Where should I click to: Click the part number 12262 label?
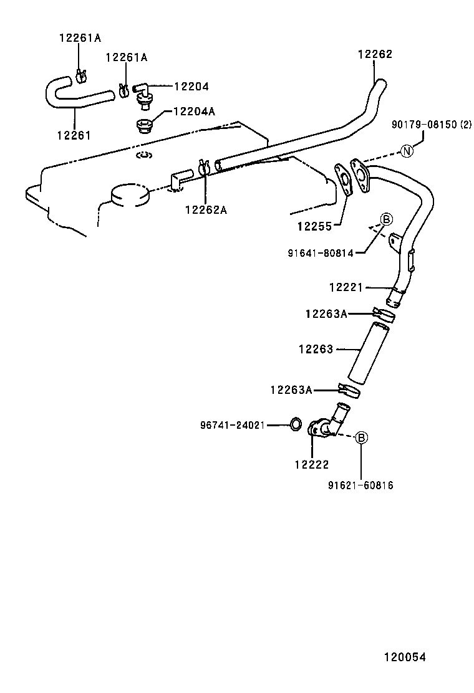pyautogui.click(x=375, y=54)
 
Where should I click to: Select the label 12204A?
pyautogui.click(x=194, y=112)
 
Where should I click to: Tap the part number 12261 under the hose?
pyautogui.click(x=74, y=135)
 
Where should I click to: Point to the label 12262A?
pyautogui.click(x=205, y=209)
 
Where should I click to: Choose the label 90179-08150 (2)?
pyautogui.click(x=432, y=125)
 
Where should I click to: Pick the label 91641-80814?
pyautogui.click(x=321, y=253)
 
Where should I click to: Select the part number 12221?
pyautogui.click(x=346, y=287)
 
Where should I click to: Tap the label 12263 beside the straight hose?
pyautogui.click(x=316, y=350)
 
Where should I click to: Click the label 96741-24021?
pyautogui.click(x=233, y=425)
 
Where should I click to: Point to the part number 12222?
pyautogui.click(x=311, y=464)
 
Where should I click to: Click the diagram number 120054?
pyautogui.click(x=404, y=657)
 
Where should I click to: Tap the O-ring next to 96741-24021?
pyautogui.click(x=296, y=426)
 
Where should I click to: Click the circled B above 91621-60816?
pyautogui.click(x=361, y=438)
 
